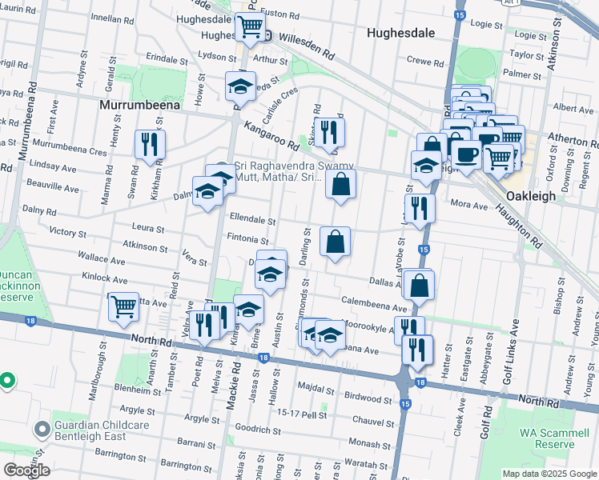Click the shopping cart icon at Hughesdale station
click(x=250, y=27)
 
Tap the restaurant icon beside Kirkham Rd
click(x=150, y=144)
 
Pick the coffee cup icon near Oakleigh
click(x=466, y=154)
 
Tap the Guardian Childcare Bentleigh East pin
click(x=42, y=430)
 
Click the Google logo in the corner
click(x=26, y=470)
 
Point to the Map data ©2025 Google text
click(x=549, y=474)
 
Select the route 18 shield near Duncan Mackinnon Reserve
click(x=30, y=320)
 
